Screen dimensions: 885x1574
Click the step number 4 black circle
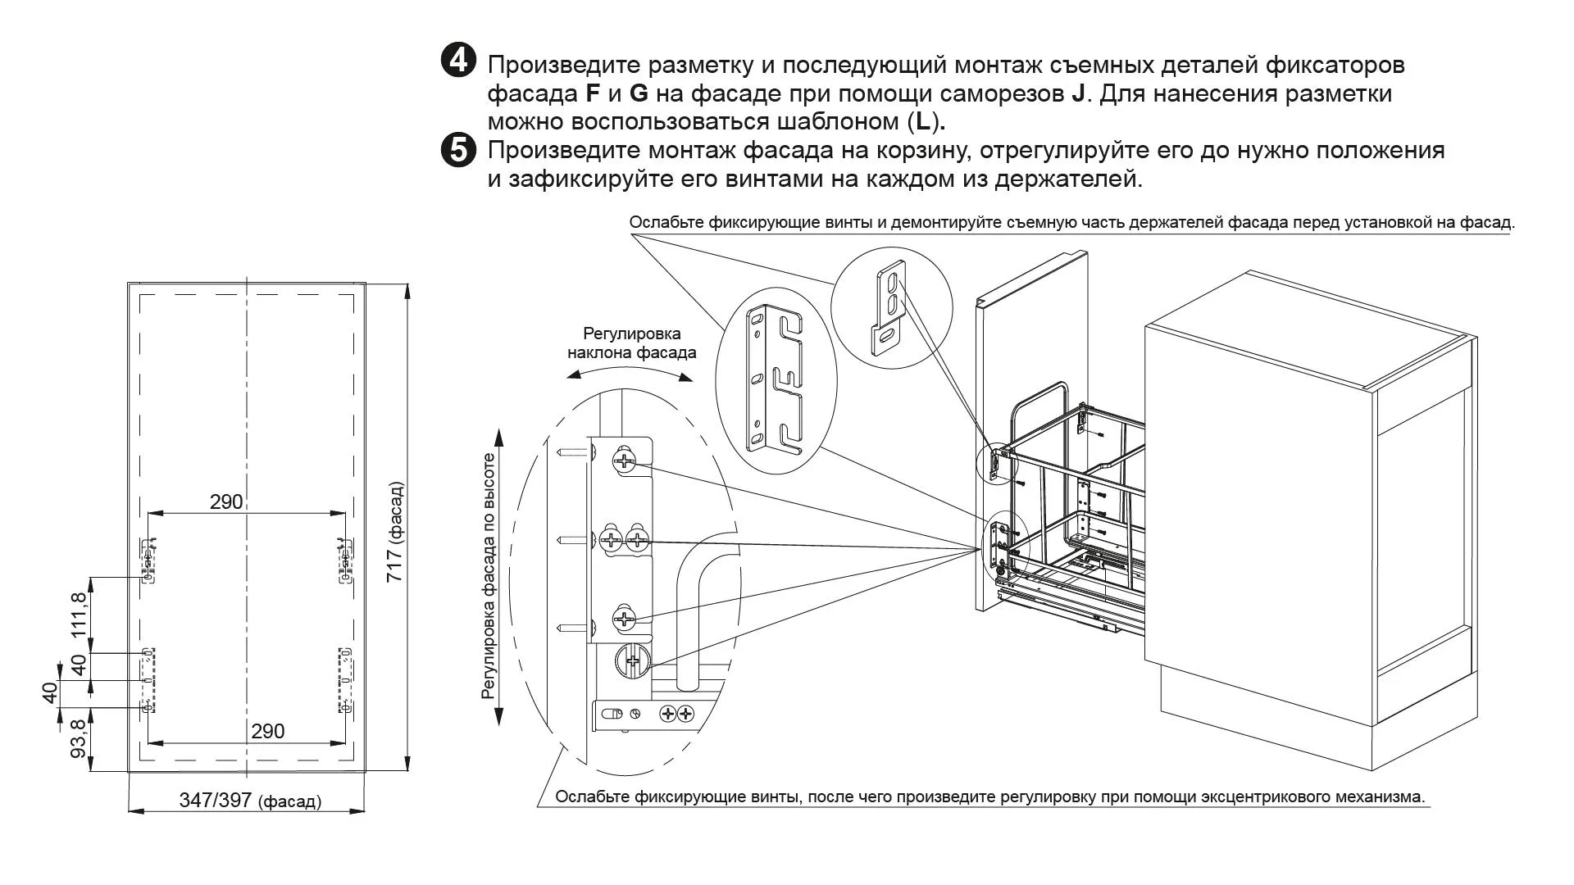458,61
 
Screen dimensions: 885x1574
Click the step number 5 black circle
458,151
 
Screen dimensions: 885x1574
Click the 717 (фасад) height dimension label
396,533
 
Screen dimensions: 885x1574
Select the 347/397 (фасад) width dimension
250,801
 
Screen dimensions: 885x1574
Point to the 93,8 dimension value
79,740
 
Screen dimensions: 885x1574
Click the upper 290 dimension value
226,501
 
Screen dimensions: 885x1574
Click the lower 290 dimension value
267,731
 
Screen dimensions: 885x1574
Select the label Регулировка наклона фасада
631,343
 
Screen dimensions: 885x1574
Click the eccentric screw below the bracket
632,660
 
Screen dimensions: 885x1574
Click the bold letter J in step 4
1078,93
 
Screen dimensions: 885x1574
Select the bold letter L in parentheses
924,122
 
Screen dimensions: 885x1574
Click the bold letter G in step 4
639,93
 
